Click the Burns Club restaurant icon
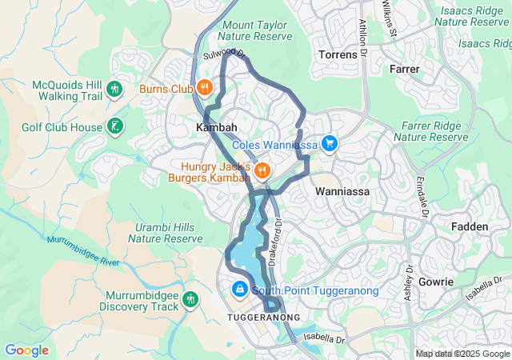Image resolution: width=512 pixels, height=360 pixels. [x=205, y=88]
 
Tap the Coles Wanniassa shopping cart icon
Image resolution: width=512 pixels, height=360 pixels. [x=329, y=144]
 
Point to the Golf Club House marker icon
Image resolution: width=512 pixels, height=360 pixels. [x=116, y=126]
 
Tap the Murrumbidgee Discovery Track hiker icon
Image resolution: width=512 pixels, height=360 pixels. [x=190, y=300]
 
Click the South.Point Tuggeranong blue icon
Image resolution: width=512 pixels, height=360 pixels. [x=238, y=290]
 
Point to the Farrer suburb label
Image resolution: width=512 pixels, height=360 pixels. [x=404, y=70]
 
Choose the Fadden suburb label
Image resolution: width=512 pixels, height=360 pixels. [x=470, y=226]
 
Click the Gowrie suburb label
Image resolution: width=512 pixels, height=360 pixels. [x=435, y=282]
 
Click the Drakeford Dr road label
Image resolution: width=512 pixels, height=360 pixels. [x=276, y=242]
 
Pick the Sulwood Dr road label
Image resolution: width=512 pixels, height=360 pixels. [x=223, y=54]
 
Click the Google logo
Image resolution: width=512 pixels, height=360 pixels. [x=26, y=350]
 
